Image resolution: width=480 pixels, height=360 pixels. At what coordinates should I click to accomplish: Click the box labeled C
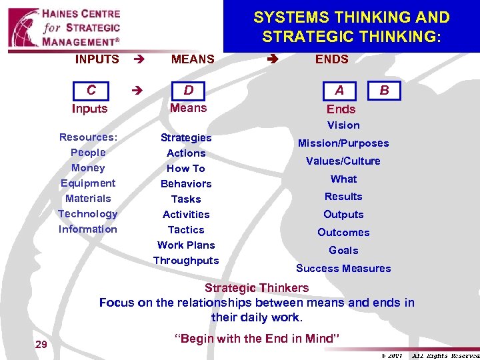tap(91, 90)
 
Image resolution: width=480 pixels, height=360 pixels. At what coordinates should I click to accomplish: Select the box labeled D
tap(189, 90)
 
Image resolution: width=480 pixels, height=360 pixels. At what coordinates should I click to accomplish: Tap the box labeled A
tap(339, 91)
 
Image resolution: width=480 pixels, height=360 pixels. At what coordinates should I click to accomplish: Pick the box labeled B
tap(384, 90)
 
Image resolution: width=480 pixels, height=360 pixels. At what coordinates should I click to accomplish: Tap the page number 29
tap(41, 344)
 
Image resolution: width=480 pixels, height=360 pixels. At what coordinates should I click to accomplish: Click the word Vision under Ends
tap(343, 125)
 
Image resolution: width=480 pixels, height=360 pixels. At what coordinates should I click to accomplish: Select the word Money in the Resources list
tap(88, 168)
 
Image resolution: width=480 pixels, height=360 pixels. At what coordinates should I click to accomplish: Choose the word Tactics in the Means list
tap(186, 229)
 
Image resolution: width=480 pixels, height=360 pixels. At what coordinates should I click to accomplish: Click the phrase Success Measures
tap(343, 269)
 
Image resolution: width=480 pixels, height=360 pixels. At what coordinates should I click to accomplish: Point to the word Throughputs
tap(186, 261)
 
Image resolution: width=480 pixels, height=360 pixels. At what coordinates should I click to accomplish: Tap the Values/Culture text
tap(343, 161)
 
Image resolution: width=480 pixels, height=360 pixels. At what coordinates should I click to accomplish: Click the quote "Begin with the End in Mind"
tap(257, 339)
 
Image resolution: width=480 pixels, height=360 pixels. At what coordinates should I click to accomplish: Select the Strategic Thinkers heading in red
tap(257, 288)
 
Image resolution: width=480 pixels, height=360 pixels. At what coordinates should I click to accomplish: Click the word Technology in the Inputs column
tap(88, 214)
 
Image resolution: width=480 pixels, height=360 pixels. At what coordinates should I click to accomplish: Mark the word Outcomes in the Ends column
tap(343, 233)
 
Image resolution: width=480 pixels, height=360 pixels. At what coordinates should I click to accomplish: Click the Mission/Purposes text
tap(343, 143)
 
